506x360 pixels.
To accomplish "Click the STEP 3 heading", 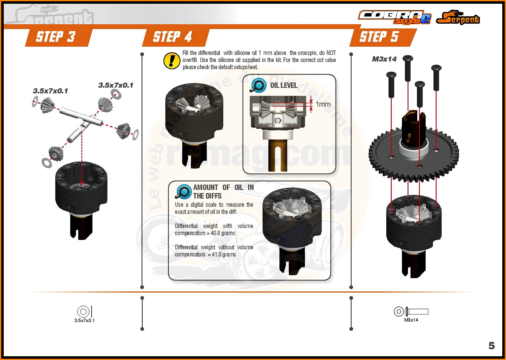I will pos(56,37).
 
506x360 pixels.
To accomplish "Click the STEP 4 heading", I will pos(172,37).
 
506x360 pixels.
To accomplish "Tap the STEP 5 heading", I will pos(379,37).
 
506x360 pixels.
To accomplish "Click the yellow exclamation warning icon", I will pos(172,60).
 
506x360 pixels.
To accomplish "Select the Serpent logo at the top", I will pos(458,18).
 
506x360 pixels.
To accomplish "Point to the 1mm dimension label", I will pos(323,104).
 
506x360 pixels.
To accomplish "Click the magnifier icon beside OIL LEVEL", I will pos(258,85).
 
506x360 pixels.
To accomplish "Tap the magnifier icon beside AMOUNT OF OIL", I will pos(184,192).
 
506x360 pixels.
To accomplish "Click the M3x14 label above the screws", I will pos(384,59).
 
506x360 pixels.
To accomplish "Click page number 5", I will pos(491,345).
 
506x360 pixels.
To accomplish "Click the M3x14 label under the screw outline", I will pos(411,320).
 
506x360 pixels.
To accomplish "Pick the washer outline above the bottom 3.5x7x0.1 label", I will pos(83,311).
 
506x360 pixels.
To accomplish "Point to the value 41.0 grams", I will pos(224,254).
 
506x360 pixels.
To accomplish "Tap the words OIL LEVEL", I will pos(284,85).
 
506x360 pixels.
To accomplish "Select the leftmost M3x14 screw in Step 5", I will pos(391,84).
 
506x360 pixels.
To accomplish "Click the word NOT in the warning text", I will pos(331,53).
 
